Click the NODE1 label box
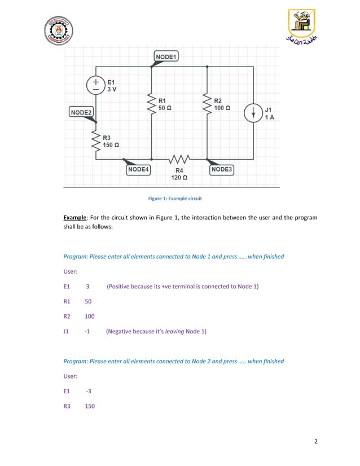[x=166, y=57]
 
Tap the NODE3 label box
[x=222, y=169]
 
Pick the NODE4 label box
[x=138, y=169]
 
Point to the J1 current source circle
[x=253, y=112]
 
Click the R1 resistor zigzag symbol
[x=151, y=103]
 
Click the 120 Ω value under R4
[x=179, y=177]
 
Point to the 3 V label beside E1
[x=113, y=90]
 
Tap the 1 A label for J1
[x=270, y=117]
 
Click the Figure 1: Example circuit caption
[x=175, y=199]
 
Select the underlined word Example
[x=76, y=217]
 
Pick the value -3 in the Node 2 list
[x=89, y=390]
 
